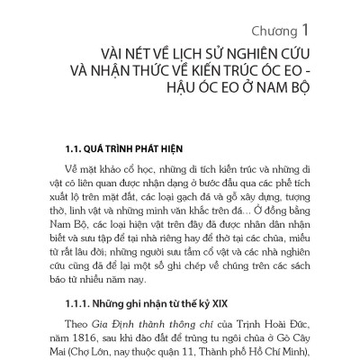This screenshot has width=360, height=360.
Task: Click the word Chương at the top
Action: click(x=248, y=17)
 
